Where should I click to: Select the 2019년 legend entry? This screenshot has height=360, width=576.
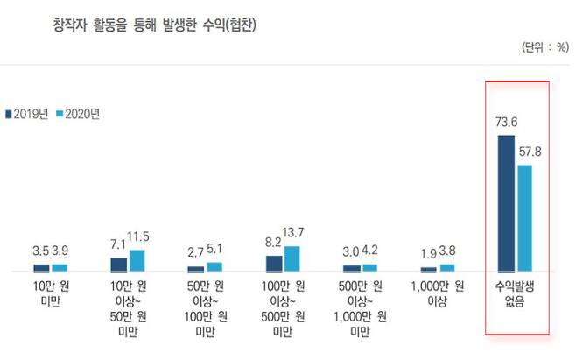(x=27, y=114)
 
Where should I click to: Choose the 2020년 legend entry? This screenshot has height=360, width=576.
(x=77, y=114)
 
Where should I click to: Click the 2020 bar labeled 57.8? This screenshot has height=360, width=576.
(x=524, y=218)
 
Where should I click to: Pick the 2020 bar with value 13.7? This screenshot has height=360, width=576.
(x=292, y=258)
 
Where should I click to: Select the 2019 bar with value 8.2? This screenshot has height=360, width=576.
(x=274, y=263)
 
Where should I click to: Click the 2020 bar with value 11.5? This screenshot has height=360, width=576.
(x=137, y=260)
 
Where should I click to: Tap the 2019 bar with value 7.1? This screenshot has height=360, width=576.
(x=119, y=265)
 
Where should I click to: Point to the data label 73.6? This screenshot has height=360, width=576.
(x=507, y=124)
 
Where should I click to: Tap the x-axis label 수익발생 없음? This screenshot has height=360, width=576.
(x=516, y=296)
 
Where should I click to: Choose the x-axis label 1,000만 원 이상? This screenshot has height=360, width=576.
(x=437, y=296)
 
